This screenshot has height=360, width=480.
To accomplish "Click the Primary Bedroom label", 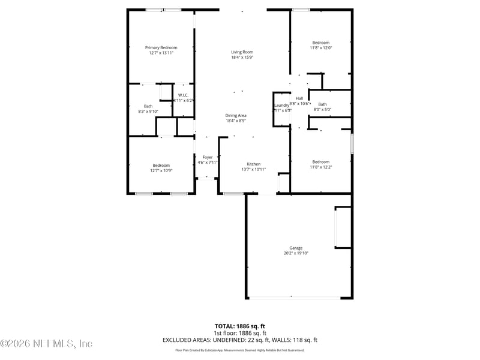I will click(161, 47).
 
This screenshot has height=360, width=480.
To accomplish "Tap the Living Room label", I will click(242, 52).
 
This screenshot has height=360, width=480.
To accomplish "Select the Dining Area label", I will click(236, 115).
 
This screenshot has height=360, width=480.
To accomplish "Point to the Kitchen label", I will click(254, 164).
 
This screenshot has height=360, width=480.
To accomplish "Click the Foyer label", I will click(208, 157).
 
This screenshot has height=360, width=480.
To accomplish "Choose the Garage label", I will click(296, 248).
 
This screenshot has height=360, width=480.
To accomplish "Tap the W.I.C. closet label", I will click(183, 95).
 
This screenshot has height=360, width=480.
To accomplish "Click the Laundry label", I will click(281, 106).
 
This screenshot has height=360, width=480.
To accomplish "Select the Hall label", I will click(299, 98).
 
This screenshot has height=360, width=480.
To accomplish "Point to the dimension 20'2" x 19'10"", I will click(296, 253).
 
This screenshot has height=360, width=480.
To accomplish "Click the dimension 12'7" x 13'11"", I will click(161, 53).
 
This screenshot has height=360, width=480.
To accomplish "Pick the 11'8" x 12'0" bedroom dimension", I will click(320, 48).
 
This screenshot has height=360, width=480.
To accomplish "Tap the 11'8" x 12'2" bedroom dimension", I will click(320, 167).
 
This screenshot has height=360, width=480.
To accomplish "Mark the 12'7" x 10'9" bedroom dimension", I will click(161, 170).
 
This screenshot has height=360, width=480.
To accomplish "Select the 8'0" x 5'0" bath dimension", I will click(322, 109).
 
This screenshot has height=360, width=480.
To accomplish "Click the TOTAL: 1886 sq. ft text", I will click(239, 326).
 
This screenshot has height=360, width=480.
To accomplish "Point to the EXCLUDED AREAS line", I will click(239, 340).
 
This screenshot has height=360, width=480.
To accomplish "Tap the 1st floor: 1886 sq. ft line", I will click(239, 333).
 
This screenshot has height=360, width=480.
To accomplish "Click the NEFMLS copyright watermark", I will click(46, 344).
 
